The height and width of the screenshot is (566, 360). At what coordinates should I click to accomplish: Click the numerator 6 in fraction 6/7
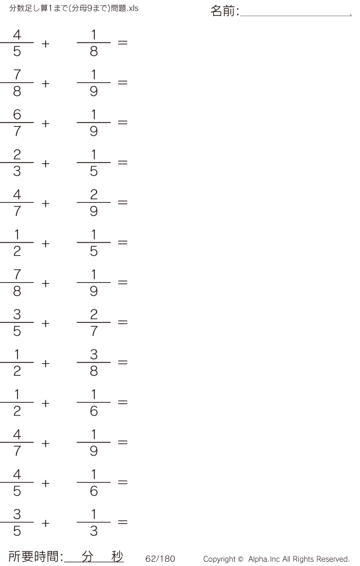click(x=17, y=115)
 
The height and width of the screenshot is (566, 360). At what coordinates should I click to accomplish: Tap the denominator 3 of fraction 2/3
click(x=17, y=171)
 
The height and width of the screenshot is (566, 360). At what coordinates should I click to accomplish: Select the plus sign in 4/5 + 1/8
click(x=46, y=44)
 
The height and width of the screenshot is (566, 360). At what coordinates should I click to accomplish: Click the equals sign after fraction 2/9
click(x=122, y=202)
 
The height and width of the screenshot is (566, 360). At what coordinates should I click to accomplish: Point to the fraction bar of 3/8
click(x=94, y=363)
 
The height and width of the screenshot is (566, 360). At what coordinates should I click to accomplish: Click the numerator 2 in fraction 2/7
click(x=94, y=315)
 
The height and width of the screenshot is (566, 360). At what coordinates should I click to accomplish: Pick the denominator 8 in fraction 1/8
click(x=94, y=51)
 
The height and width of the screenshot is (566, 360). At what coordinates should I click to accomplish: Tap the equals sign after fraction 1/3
click(x=122, y=522)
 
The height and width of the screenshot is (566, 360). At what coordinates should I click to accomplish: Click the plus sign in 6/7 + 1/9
click(x=46, y=124)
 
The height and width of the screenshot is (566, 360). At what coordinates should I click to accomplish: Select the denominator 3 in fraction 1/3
click(x=94, y=531)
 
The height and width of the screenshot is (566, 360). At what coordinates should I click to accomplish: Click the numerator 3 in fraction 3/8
click(x=94, y=355)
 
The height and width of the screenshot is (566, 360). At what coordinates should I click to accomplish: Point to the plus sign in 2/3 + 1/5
click(x=46, y=164)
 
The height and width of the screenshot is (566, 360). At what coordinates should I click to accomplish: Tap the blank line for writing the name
click(x=296, y=16)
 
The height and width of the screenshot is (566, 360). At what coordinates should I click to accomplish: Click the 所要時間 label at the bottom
click(x=33, y=556)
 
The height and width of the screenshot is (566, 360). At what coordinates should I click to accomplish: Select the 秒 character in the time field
click(x=117, y=556)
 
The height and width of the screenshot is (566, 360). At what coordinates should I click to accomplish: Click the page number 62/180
click(x=160, y=559)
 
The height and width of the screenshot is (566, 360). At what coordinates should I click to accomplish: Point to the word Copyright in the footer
click(x=220, y=559)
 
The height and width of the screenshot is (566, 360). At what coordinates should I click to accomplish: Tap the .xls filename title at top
click(x=74, y=8)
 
